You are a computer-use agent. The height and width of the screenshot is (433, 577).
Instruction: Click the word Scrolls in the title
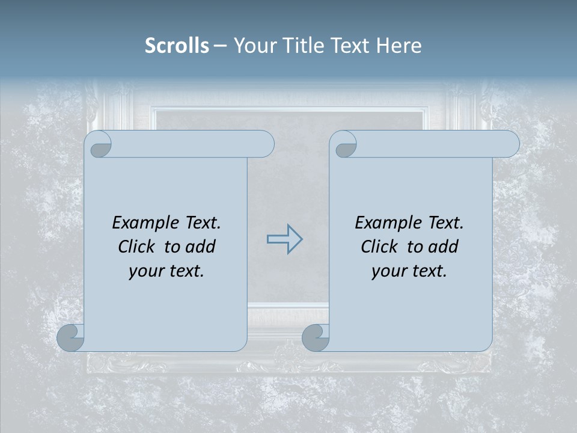[177, 46]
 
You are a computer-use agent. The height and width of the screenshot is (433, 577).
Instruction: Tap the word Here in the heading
[399, 46]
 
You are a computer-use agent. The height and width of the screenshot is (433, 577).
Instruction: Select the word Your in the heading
[253, 46]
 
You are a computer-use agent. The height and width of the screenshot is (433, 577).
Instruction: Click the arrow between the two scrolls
[284, 239]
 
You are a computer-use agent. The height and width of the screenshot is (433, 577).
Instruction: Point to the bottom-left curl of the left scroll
[71, 337]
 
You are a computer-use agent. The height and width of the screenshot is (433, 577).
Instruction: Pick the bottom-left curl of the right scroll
[316, 337]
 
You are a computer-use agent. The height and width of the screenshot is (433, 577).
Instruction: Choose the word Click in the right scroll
[379, 247]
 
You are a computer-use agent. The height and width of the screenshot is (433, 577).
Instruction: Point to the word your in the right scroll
[386, 271]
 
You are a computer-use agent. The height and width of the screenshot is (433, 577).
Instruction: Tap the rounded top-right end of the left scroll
[264, 144]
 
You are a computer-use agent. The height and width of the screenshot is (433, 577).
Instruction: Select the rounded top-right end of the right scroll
[510, 144]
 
